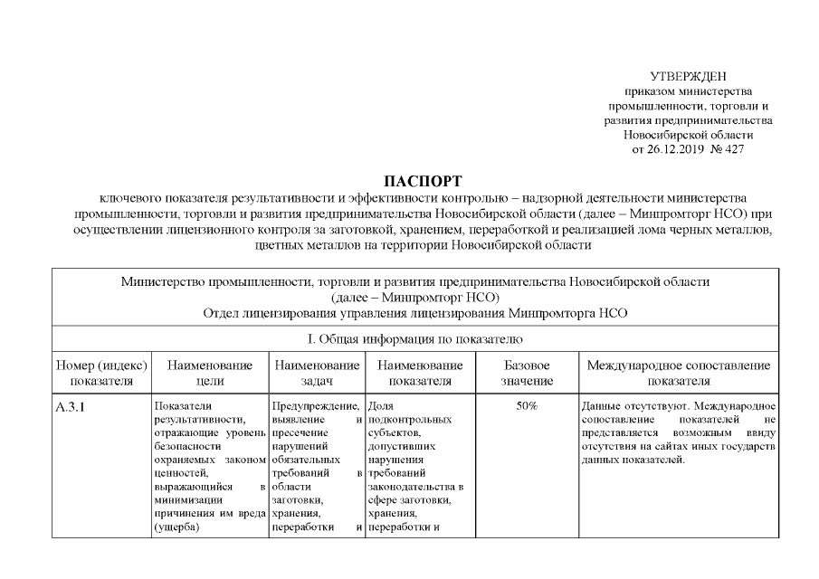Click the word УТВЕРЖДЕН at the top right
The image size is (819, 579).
(688, 76)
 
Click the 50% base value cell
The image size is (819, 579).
(527, 406)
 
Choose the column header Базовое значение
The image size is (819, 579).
(527, 373)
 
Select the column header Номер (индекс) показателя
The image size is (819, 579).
(101, 373)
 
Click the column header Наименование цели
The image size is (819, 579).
(209, 373)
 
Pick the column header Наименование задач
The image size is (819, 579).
(317, 373)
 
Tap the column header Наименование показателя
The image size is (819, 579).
(420, 373)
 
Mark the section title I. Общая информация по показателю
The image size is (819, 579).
(415, 339)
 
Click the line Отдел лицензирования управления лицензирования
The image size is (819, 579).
(415, 312)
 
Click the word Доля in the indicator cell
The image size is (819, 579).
(380, 406)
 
